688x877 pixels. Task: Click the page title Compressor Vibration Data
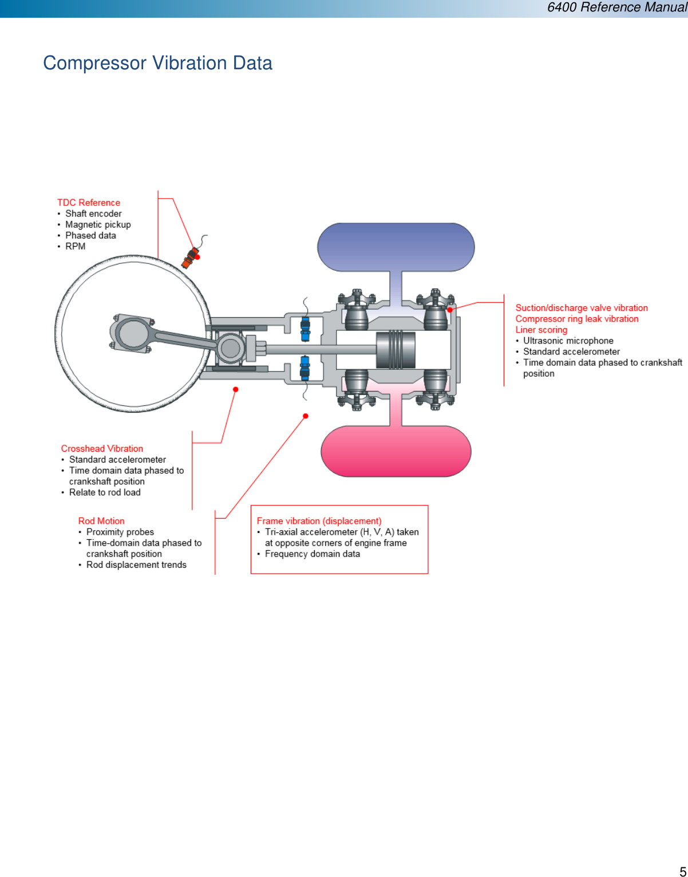coord(157,63)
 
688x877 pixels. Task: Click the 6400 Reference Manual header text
coord(616,7)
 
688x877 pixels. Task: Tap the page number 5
coord(682,871)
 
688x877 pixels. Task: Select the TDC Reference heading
coord(89,203)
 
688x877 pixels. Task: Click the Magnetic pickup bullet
coord(98,224)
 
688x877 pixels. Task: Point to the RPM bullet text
coord(75,246)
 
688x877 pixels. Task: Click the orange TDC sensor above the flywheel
coord(189,258)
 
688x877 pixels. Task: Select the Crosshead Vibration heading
coord(102,449)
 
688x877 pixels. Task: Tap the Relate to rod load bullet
coord(105,492)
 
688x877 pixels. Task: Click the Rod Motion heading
coord(101,521)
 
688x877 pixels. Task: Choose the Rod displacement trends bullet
coord(136,564)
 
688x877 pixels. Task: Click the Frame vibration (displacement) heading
coord(319,521)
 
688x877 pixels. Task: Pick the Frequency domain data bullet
coord(312,554)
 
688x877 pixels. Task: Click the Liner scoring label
coord(541,330)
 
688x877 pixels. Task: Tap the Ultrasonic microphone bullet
coord(568,341)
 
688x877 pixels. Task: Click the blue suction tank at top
coord(396,247)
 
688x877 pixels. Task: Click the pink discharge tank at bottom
coord(396,451)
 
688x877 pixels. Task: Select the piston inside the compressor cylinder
coord(396,349)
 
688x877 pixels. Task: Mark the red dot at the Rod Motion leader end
coord(306,416)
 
